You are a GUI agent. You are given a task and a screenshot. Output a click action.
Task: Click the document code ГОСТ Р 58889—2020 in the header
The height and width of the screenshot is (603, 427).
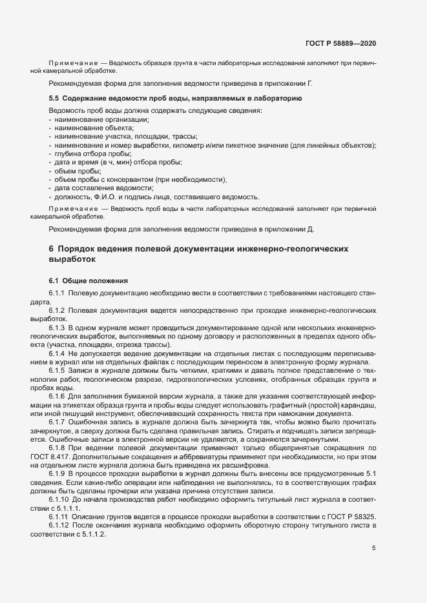click(x=340, y=43)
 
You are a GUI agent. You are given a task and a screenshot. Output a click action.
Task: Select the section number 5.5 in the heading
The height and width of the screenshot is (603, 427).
click(x=54, y=97)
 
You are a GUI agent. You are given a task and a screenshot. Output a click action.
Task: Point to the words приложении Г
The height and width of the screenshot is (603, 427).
click(x=291, y=84)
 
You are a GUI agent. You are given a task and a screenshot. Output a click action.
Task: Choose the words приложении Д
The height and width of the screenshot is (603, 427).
click(x=291, y=229)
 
